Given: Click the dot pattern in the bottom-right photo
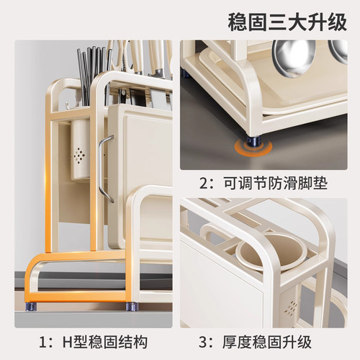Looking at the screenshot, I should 290,309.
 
